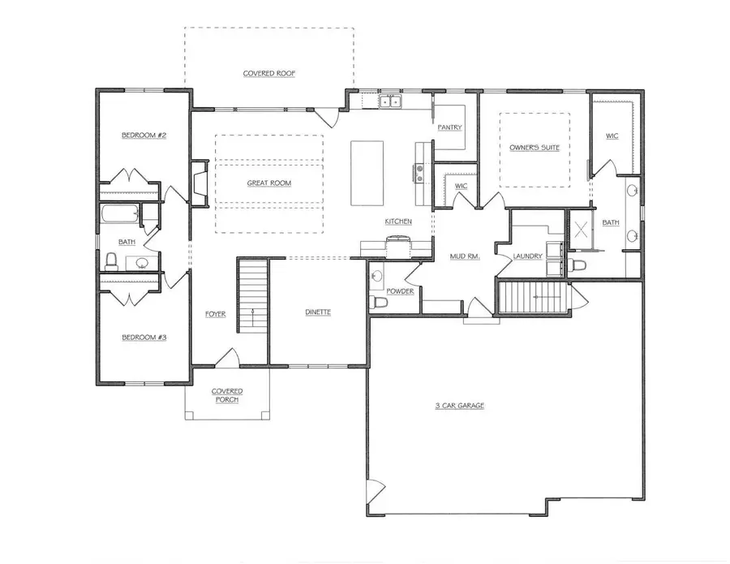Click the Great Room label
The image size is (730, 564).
(x=268, y=183)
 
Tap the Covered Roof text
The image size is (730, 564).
(x=268, y=74)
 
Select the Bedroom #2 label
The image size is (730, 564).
(x=144, y=136)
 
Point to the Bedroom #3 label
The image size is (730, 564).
(x=144, y=336)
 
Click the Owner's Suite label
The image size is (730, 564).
(x=534, y=148)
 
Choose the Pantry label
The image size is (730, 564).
(x=449, y=128)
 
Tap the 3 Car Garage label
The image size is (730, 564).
(x=458, y=406)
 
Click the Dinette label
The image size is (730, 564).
(x=317, y=313)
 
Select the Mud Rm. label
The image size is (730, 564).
(x=466, y=257)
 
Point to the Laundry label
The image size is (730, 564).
(x=527, y=257)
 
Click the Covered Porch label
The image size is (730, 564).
(x=227, y=395)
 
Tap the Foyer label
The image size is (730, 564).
(x=215, y=314)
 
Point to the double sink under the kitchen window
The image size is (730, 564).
(x=392, y=102)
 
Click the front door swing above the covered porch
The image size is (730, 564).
(x=227, y=357)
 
